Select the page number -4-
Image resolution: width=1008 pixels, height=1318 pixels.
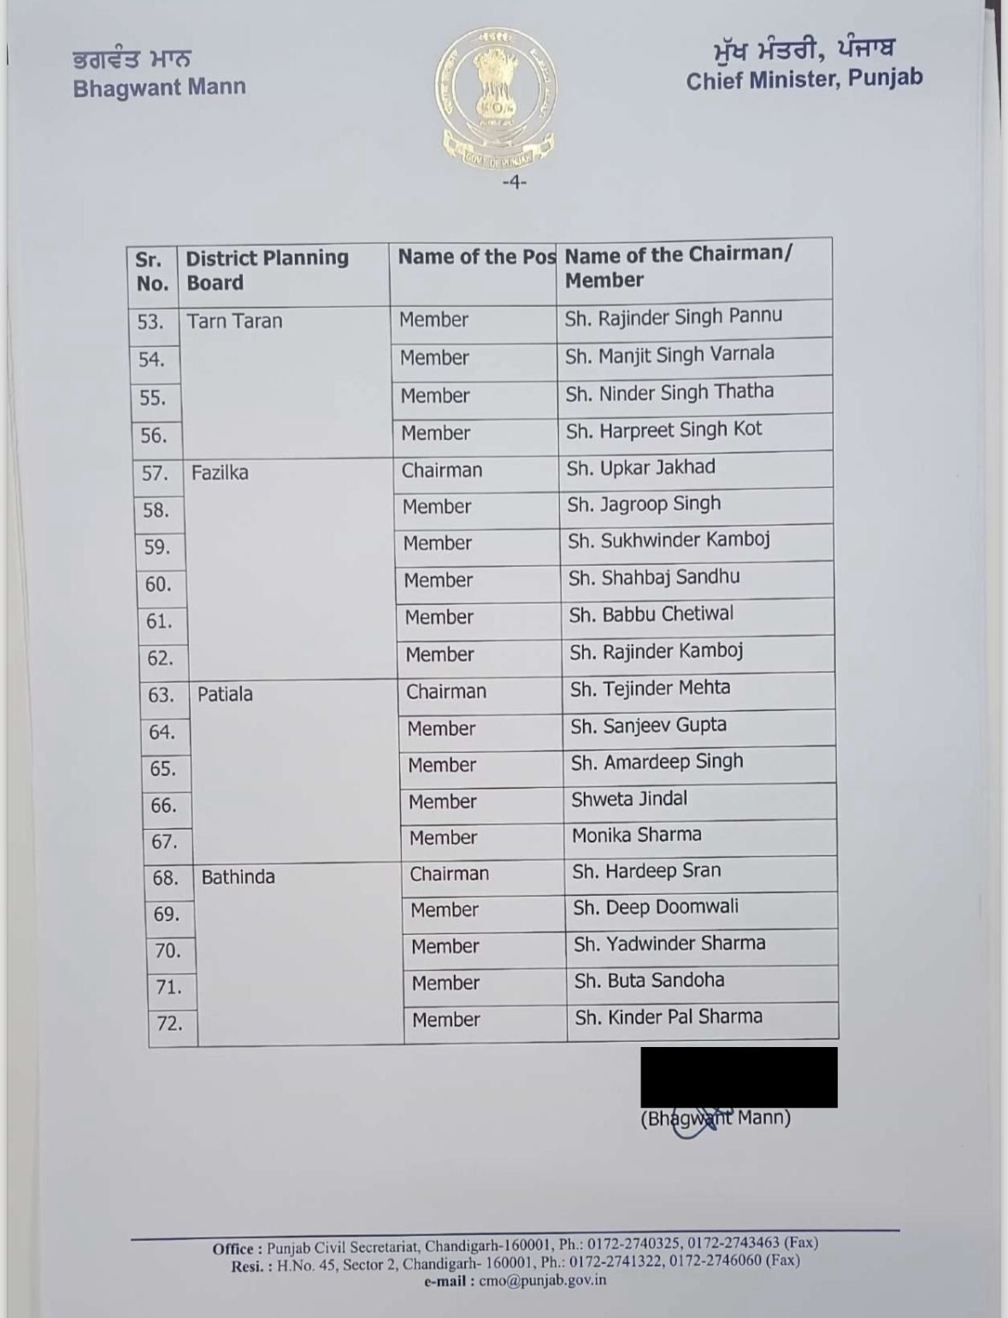pos(514,182)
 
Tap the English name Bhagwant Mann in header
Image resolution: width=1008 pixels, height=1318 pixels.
pos(159,88)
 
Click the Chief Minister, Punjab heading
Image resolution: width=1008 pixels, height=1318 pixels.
pos(804,79)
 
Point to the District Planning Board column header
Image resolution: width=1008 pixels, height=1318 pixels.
pos(267,270)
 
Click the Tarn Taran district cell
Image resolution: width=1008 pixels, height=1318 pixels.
pos(234,321)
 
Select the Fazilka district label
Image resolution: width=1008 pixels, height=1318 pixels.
pos(220,473)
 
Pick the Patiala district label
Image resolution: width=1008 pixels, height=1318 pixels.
pos(225,694)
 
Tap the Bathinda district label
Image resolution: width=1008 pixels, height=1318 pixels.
pos(238,877)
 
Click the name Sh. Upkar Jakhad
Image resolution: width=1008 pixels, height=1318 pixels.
pos(640,468)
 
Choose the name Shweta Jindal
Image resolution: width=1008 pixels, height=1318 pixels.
pos(629,798)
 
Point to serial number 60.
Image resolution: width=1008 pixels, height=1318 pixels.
pos(158,585)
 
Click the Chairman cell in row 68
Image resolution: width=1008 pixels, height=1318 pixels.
pos(449,874)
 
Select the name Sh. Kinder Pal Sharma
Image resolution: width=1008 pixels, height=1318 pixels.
pos(668,1017)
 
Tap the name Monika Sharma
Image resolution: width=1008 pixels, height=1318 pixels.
pos(636,834)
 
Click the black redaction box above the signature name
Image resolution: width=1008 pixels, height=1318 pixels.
pos(739,1077)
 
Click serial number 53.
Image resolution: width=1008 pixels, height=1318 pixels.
pos(150,322)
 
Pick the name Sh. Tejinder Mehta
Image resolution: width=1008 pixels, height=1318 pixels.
pos(650,688)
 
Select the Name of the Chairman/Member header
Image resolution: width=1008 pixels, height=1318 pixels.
pos(678,267)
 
